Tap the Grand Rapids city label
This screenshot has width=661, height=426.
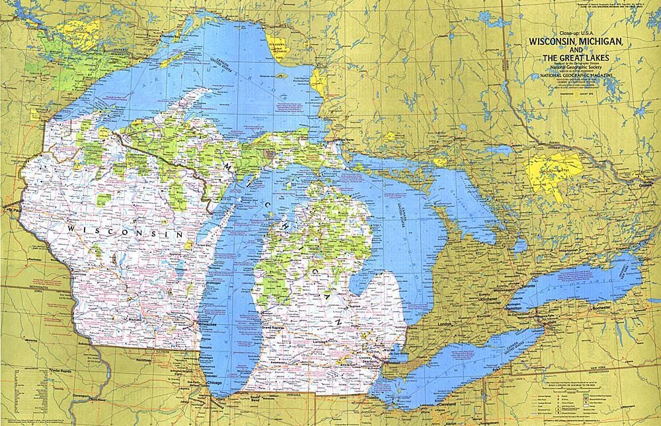(x=274, y=328)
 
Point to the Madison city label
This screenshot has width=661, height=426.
(x=146, y=320)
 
